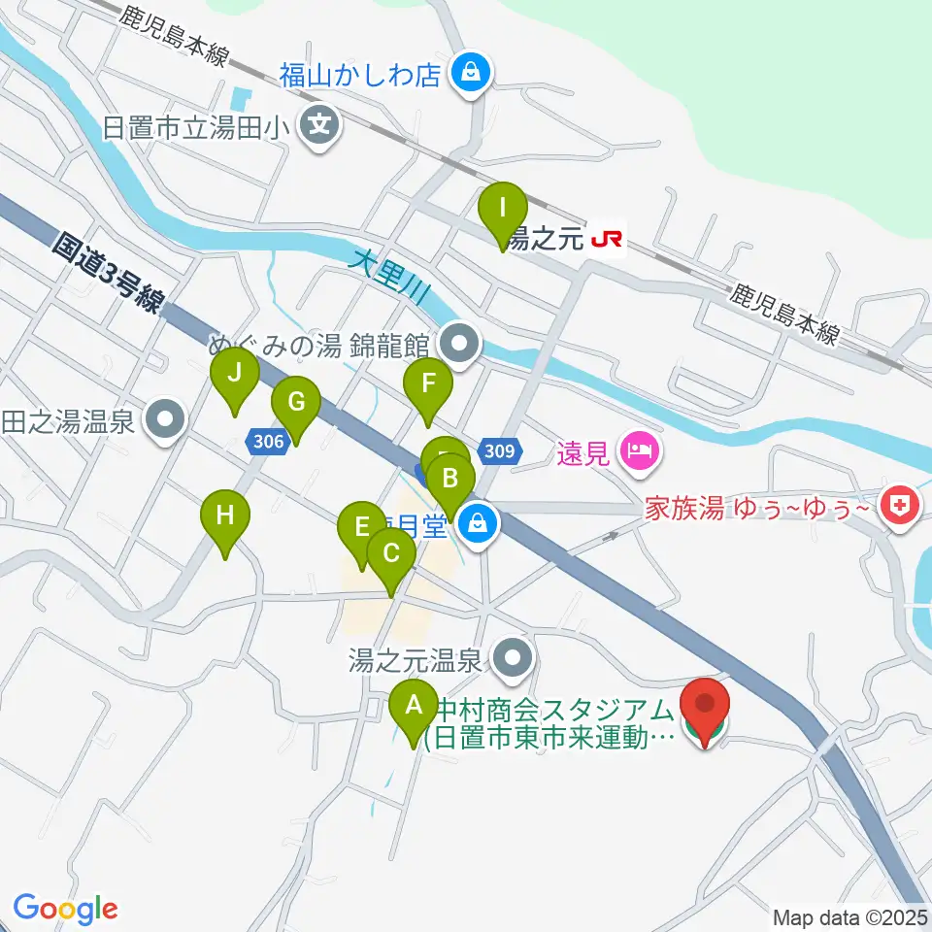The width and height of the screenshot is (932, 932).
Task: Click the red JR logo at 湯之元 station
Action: click(x=608, y=237)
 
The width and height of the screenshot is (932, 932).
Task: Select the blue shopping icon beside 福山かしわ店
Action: click(x=470, y=74)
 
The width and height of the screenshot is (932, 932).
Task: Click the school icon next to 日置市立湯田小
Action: click(x=318, y=125)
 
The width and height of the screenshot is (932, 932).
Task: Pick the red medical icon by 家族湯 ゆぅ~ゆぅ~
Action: click(x=900, y=505)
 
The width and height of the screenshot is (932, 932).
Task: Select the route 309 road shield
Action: click(x=500, y=450)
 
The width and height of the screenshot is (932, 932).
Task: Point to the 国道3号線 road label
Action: click(x=106, y=273)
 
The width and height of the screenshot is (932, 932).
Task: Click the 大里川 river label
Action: click(x=388, y=275)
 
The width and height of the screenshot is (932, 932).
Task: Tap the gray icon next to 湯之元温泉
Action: click(x=513, y=660)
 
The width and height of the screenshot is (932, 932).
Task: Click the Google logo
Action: click(x=66, y=909)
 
